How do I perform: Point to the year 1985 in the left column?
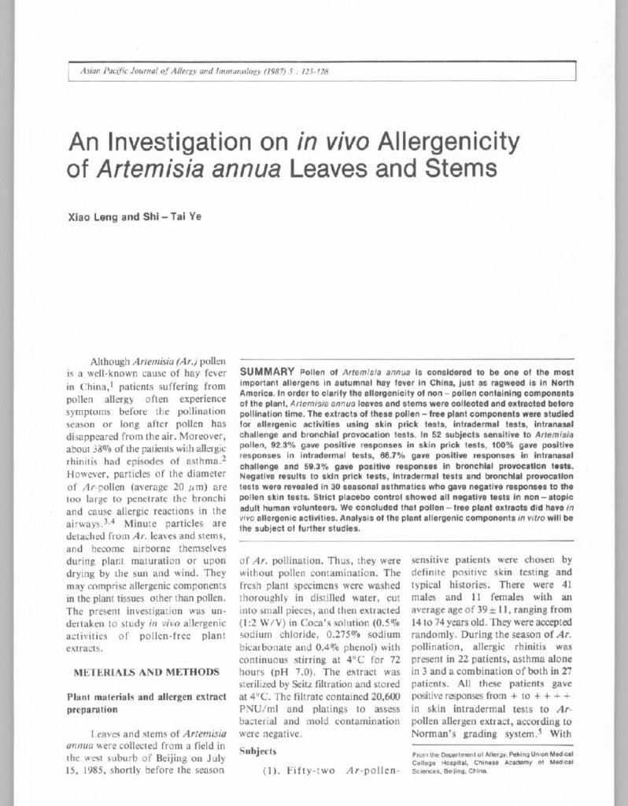click(x=109, y=771)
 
